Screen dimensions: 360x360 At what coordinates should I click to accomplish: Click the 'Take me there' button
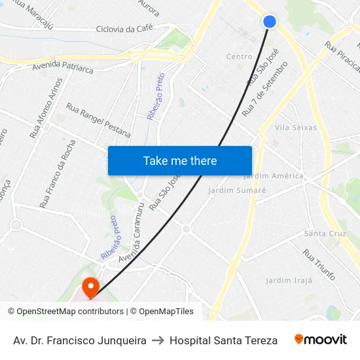pyautogui.click(x=180, y=160)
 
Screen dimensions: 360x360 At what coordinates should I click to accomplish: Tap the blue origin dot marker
pyautogui.click(x=270, y=22)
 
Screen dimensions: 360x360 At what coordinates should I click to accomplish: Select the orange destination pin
pyautogui.click(x=90, y=287)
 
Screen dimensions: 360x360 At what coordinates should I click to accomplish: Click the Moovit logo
pyautogui.click(x=320, y=340)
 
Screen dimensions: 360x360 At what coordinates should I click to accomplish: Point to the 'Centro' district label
pyautogui.click(x=239, y=57)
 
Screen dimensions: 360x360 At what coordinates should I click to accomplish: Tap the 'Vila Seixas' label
pyautogui.click(x=296, y=128)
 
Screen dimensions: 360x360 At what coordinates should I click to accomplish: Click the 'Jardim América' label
pyautogui.click(x=274, y=176)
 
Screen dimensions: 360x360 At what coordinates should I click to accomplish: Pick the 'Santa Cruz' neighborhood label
pyautogui.click(x=325, y=234)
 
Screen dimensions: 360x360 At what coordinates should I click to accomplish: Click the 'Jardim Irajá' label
pyautogui.click(x=289, y=281)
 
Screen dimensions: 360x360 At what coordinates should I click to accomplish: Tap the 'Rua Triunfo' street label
pyautogui.click(x=319, y=263)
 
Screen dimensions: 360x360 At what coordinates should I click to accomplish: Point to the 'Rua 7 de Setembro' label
pyautogui.click(x=265, y=89)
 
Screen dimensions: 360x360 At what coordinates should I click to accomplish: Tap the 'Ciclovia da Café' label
pyautogui.click(x=124, y=29)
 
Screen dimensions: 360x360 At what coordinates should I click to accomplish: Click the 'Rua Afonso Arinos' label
pyautogui.click(x=46, y=108)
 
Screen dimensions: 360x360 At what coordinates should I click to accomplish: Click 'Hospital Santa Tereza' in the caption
pyautogui.click(x=223, y=340)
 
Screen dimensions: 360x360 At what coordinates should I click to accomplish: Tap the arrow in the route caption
pyautogui.click(x=158, y=340)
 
